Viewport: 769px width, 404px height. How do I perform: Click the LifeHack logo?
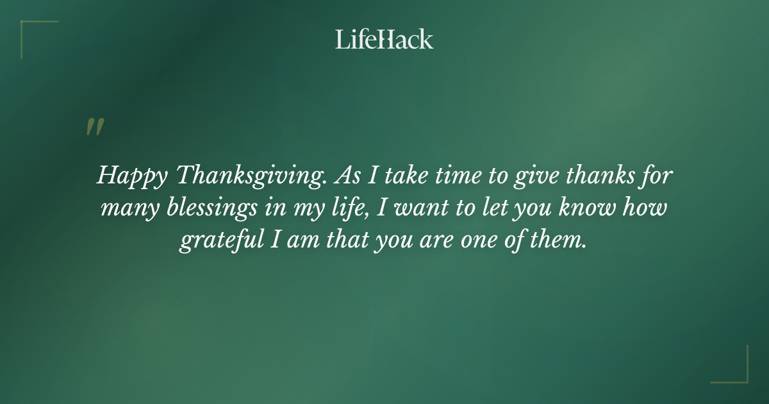(384, 39)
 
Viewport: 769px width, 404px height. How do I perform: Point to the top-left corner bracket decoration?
(38, 38)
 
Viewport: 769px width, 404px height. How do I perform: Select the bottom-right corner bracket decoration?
(730, 365)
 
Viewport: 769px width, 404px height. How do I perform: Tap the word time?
(436, 175)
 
